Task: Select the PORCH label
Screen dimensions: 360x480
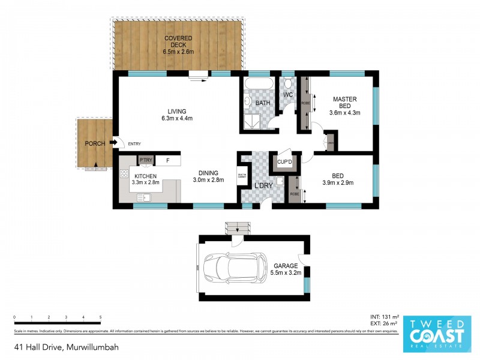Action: [x=95, y=143]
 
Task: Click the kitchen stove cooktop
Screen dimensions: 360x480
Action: [x=124, y=174]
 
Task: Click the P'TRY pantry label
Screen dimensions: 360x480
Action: [x=145, y=160]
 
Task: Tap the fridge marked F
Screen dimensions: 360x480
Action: [x=168, y=160]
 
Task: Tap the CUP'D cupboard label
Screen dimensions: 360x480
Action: [x=284, y=162]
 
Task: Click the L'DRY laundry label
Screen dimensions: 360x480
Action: [x=264, y=185]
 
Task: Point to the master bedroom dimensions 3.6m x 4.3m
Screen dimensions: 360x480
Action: [x=345, y=111]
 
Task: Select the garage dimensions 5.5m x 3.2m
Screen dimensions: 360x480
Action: [x=286, y=271]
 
